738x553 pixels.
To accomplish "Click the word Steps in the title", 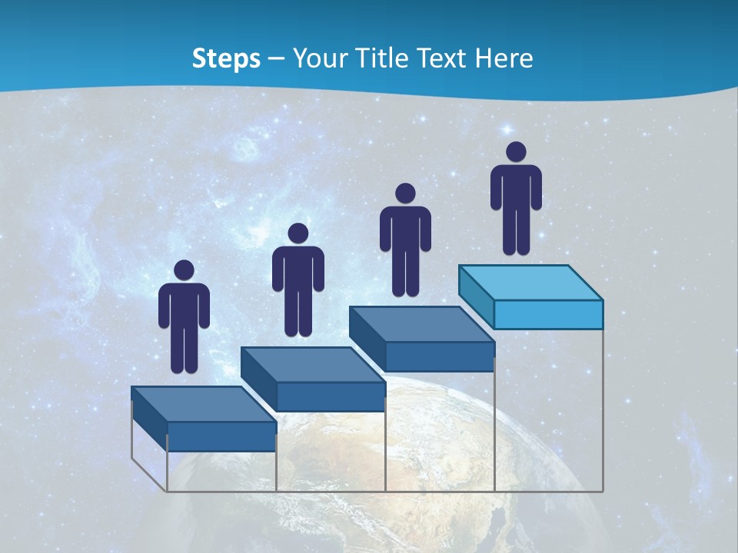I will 226,58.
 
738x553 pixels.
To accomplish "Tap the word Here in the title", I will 504,58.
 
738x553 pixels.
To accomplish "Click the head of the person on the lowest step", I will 184,270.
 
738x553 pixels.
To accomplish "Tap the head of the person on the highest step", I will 516,152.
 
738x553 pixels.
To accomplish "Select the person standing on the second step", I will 298,280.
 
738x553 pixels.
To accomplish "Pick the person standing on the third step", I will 405,240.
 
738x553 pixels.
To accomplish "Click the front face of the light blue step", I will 548,315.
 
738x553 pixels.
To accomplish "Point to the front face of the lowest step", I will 221,436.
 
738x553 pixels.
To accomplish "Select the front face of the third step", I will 439,356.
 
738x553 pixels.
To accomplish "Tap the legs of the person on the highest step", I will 516,230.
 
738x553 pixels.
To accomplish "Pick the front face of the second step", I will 331,396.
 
